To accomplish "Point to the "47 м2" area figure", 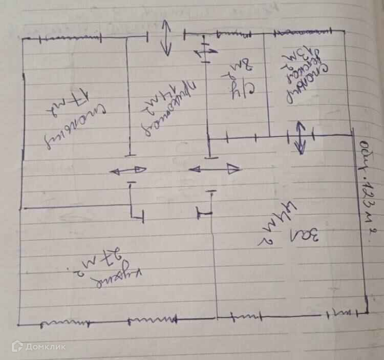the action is coord(279,225).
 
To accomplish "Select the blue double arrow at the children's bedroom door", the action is coord(300,137).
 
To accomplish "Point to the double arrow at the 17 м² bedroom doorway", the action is coord(128,170).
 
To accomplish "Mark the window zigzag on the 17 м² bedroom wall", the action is coord(72,37).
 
